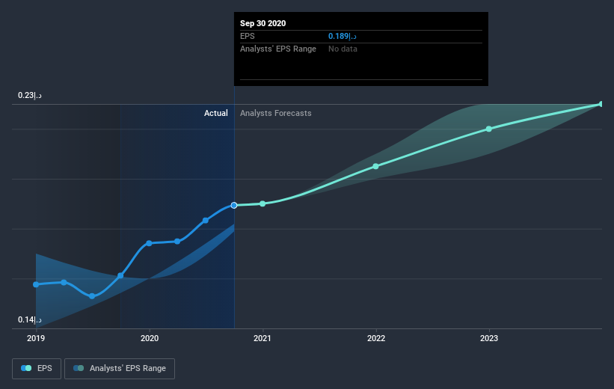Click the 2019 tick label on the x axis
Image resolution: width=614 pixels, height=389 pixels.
click(36, 338)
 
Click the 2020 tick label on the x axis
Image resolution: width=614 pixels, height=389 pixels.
click(150, 338)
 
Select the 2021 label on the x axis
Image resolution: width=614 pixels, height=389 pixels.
click(263, 338)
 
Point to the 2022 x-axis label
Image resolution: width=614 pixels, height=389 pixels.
click(375, 338)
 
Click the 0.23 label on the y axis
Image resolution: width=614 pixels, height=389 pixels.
click(30, 96)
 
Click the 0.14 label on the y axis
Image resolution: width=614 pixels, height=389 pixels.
click(30, 320)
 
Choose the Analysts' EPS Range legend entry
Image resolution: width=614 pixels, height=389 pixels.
click(120, 368)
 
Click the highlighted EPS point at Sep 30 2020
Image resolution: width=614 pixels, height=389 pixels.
click(234, 205)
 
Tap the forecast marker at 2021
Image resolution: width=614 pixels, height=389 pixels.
click(263, 203)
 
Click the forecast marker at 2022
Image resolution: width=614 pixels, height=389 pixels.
click(375, 166)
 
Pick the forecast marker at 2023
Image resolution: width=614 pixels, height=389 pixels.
click(488, 129)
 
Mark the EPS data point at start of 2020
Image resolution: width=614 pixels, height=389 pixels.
click(150, 243)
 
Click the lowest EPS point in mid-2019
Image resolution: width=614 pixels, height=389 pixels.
click(92, 296)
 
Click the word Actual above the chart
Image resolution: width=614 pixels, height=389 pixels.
click(215, 113)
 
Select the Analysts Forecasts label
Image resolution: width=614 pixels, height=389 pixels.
click(275, 113)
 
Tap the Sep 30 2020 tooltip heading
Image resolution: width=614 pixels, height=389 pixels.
click(263, 23)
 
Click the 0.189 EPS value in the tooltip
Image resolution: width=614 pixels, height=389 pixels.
click(342, 36)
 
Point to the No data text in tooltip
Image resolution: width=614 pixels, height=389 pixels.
click(343, 49)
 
